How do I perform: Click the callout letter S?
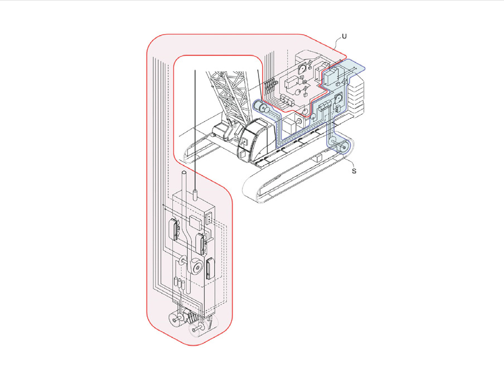(354, 171)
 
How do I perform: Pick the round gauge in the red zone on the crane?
(302, 67)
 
